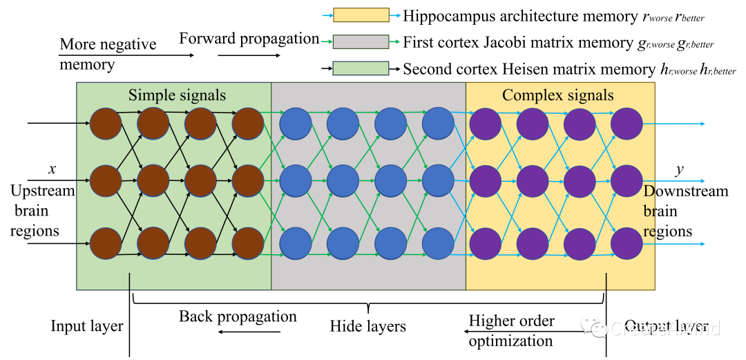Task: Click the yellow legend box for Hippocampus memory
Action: [x=361, y=15]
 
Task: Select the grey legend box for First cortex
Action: [x=361, y=41]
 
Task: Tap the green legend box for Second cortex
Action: [x=361, y=68]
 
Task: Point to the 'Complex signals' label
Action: [x=557, y=95]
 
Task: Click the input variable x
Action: [x=52, y=168]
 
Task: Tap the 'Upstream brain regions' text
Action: [x=42, y=211]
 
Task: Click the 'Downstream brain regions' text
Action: [x=685, y=211]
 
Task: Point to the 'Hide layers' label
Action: [x=367, y=325]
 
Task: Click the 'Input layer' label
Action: [x=87, y=325]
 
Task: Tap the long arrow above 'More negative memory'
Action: [x=127, y=55]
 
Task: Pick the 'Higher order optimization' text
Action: [x=511, y=330]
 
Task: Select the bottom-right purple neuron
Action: [x=627, y=243]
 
